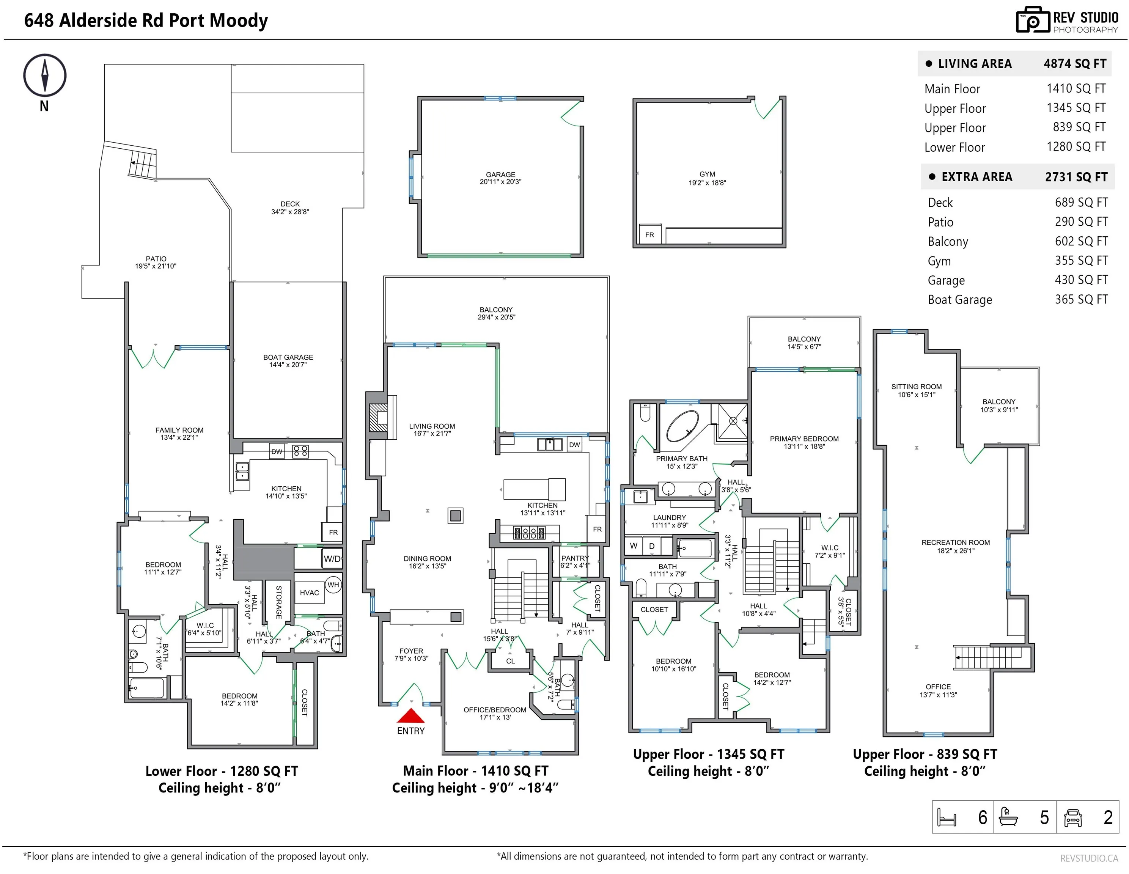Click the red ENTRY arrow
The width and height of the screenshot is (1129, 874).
pos(410,715)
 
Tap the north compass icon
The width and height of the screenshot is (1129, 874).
pos(45,75)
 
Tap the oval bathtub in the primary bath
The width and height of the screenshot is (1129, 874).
pos(682,426)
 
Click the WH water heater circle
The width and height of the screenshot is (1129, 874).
pos(333,585)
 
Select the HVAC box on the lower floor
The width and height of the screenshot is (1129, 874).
pos(309,593)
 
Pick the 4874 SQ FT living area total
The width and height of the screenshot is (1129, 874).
pos(1075,64)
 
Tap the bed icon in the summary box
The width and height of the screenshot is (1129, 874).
pos(947,817)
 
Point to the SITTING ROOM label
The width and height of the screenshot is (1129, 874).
pos(917,387)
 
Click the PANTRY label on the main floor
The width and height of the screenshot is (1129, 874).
pos(575,558)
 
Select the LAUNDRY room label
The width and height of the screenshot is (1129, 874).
pos(670,517)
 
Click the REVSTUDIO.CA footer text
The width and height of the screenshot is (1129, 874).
pos(1089,858)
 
